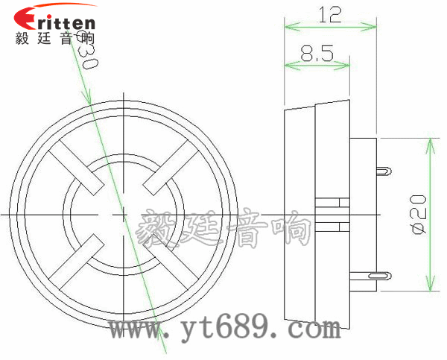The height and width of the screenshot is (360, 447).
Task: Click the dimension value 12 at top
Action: coord(329,14)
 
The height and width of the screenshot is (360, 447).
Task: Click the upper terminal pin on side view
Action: coord(384,171)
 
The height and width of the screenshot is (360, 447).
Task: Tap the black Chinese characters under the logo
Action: coord(54,38)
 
